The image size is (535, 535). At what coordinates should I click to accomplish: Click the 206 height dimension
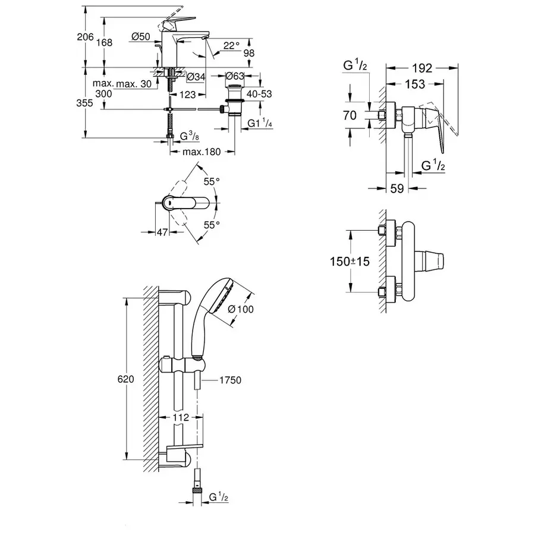(86, 37)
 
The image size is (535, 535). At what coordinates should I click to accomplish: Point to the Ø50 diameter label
(140, 37)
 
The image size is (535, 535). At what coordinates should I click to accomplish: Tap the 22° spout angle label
(231, 45)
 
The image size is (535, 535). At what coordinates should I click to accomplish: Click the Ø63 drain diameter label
(236, 76)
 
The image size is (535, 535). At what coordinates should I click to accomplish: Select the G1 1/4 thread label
(259, 123)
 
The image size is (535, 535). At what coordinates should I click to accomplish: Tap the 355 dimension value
(86, 103)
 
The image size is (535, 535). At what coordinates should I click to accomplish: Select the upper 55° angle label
(212, 181)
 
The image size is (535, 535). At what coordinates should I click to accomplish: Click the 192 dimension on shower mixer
(423, 68)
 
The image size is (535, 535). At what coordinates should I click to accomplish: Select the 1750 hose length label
(229, 380)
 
